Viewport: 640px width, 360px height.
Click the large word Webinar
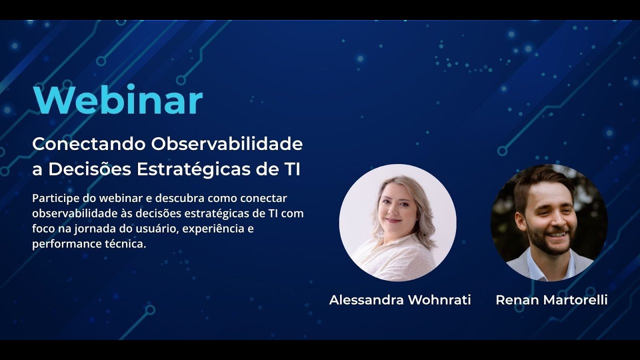click(118, 100)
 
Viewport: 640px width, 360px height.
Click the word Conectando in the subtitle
click(88, 144)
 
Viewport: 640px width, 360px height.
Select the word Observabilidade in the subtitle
click(227, 144)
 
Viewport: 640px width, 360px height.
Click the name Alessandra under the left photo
click(366, 300)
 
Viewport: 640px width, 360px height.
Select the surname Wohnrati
click(439, 300)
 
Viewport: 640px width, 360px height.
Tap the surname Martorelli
click(575, 300)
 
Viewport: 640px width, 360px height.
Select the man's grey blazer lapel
click(520, 265)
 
